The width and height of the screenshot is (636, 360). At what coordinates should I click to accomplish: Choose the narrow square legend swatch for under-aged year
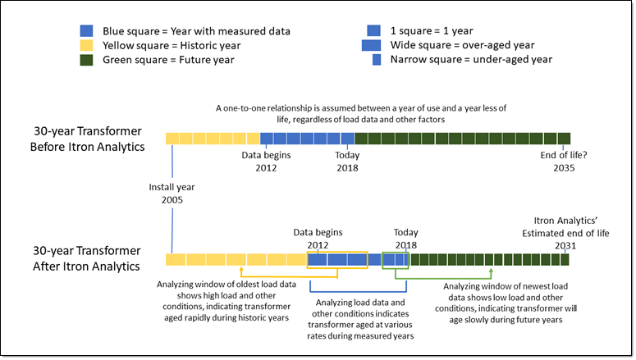point(377,59)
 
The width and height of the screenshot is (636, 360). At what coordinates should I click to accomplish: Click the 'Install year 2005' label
point(172,193)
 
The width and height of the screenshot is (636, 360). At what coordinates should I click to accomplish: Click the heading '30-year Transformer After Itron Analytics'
point(88,258)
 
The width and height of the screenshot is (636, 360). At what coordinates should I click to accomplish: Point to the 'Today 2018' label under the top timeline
point(347,161)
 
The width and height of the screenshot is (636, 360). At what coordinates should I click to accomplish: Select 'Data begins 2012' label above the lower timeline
point(318,238)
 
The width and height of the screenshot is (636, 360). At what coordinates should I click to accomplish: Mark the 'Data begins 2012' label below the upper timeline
point(265,161)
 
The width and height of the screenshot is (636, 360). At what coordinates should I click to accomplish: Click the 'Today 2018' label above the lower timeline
point(405,238)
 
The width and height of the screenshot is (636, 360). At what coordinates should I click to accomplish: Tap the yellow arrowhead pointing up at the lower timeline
point(241,269)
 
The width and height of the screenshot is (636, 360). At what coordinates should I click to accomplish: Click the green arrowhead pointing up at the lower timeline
point(489,269)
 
